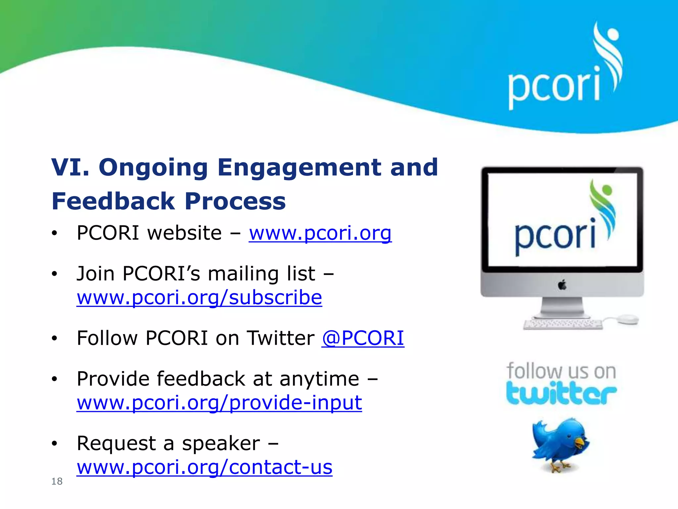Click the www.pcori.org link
[x=320, y=233]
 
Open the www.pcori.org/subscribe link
[x=199, y=297]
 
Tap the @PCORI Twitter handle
[x=363, y=338]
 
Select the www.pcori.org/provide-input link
[x=219, y=403]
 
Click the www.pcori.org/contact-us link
[x=204, y=467]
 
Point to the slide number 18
[x=57, y=481]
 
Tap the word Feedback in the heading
[x=113, y=201]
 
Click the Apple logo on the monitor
[x=562, y=285]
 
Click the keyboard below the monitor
[x=563, y=324]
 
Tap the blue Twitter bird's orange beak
[x=580, y=442]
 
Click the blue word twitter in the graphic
[x=561, y=394]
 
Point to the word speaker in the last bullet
[x=221, y=443]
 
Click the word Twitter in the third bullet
[x=281, y=338]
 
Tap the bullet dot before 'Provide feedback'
[x=55, y=379]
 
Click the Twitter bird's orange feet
[x=559, y=468]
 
